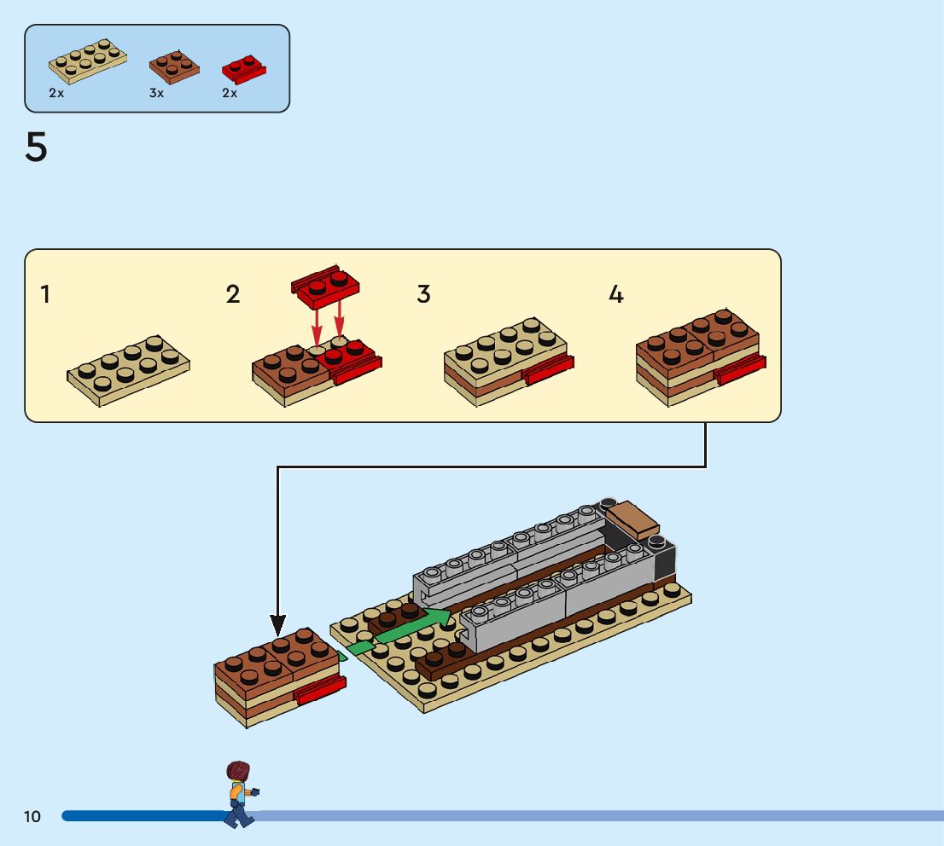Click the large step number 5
pos(36,148)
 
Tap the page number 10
pos(32,817)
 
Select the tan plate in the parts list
pos(87,61)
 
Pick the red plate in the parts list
pos(244,69)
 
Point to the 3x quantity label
pos(156,93)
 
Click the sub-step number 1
pos(45,295)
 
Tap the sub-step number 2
pos(233,295)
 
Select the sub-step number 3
pos(423,295)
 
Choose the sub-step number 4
pos(615,295)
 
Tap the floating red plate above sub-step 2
pos(325,286)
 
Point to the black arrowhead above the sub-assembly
pos(277,623)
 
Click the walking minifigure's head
pos(238,772)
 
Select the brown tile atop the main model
pos(632,518)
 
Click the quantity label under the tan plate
pos(56,93)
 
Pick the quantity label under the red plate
pos(230,93)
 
